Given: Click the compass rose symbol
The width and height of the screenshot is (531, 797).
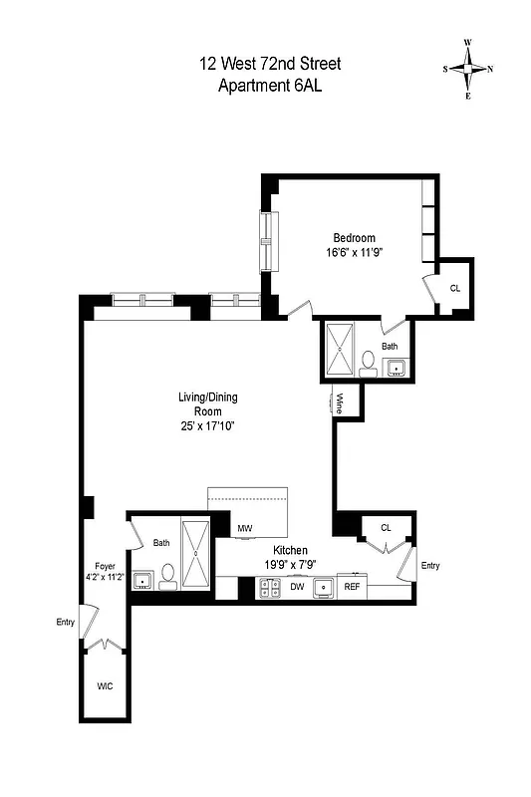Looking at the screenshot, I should tap(467, 69).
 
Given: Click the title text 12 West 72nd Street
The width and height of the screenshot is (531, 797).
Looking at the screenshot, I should tap(269, 64).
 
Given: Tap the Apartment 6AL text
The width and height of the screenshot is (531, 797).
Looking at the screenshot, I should tap(269, 86).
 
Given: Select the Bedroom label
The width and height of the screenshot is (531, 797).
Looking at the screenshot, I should tap(354, 237).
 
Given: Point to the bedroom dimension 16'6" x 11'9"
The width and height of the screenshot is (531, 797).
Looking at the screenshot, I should tap(354, 253).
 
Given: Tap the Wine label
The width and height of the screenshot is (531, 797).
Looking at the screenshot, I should tap(339, 403).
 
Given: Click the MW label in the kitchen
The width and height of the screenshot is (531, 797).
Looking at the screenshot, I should tap(244, 528).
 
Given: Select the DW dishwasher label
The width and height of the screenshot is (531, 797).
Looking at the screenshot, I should tap(296, 588).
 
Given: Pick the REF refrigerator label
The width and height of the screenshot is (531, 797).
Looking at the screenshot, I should tap(352, 588).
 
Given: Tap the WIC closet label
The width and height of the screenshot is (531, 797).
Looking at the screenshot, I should tap(105, 687).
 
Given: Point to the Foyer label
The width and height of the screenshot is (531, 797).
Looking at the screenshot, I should tap(105, 565).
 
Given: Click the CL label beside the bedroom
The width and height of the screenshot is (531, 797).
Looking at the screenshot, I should tap(454, 288).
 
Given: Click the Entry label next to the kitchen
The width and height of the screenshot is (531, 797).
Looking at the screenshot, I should tap(429, 566).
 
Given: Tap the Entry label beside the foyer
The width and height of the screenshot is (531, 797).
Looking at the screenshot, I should tap(66, 623).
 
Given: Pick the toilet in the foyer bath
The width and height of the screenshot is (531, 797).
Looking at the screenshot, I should tap(167, 574).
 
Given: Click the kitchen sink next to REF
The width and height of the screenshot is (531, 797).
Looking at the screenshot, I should tap(324, 589).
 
